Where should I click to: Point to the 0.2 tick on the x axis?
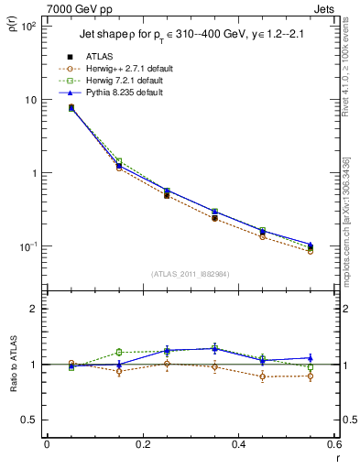[x=142, y=445]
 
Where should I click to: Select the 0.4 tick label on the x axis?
[x=238, y=445]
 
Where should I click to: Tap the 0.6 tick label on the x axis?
[x=333, y=445]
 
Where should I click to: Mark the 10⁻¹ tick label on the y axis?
[x=27, y=246]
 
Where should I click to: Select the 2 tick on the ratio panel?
[x=33, y=309]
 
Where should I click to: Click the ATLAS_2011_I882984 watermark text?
[x=190, y=274]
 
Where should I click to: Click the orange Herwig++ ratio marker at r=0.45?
[x=262, y=376]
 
